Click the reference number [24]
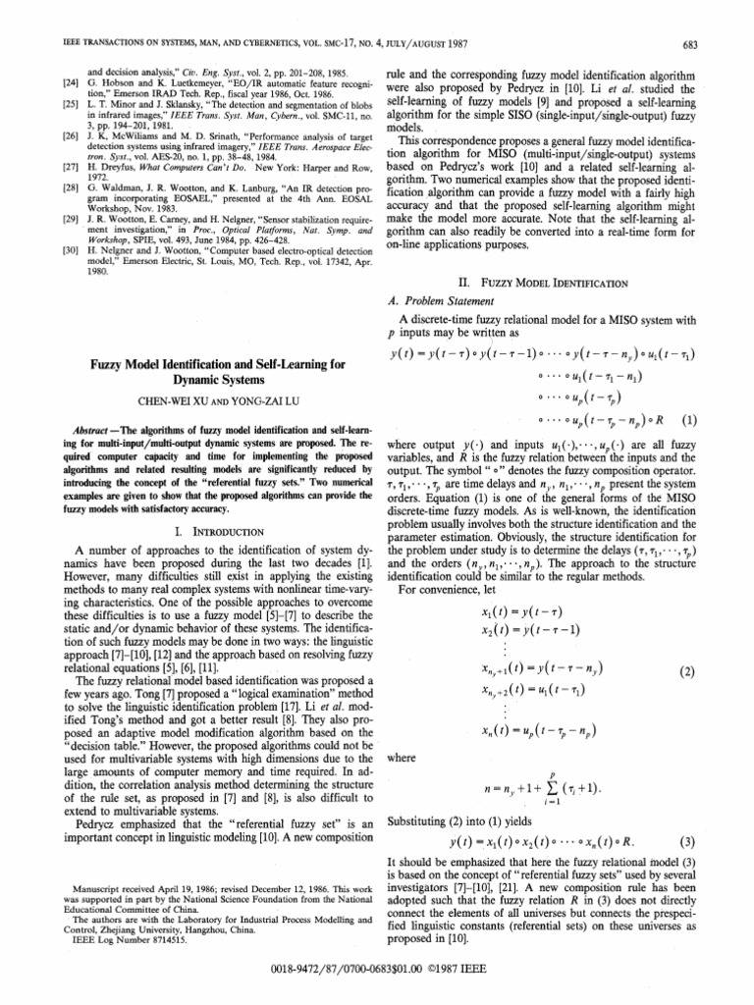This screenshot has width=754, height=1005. click(x=38, y=84)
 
